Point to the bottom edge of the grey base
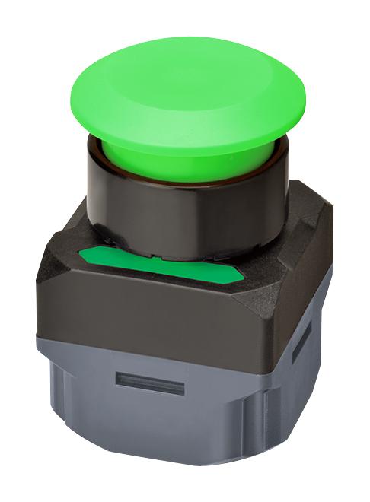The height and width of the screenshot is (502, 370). pyautogui.click(x=152, y=487)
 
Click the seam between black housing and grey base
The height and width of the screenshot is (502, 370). pyautogui.click(x=145, y=350)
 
